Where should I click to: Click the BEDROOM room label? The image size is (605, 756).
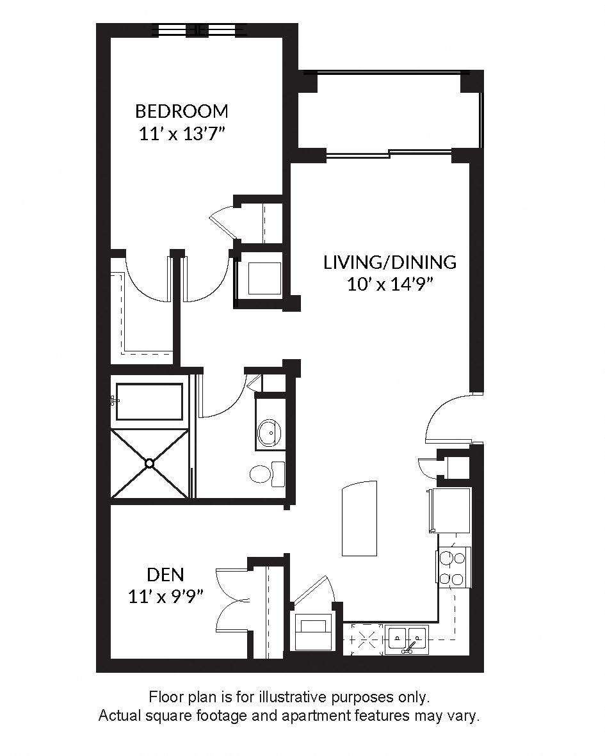pos(181,111)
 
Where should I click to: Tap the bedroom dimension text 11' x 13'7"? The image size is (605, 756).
pos(182,134)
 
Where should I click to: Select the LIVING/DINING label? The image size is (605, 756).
pos(390,262)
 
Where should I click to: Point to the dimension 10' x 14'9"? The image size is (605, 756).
pos(390,284)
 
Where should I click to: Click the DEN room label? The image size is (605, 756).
pos(165,574)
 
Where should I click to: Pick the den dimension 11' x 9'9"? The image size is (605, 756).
pos(166,597)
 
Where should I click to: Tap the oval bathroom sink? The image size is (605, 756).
pos(270,433)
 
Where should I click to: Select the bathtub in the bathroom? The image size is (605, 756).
pos(149,401)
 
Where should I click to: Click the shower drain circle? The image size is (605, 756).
pos(150,463)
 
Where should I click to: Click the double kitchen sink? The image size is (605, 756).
pos(407,638)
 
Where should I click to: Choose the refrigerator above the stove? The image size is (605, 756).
pos(451,510)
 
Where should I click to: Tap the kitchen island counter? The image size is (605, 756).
pos(359,519)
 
